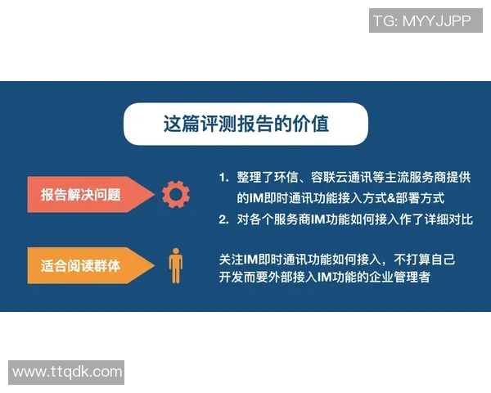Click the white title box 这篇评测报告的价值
(x=245, y=124)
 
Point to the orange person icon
(x=175, y=264)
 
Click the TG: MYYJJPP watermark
(x=421, y=21)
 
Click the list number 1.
(x=223, y=177)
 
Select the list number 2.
(x=223, y=219)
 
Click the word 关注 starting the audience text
(x=230, y=259)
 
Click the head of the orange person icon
(x=175, y=251)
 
